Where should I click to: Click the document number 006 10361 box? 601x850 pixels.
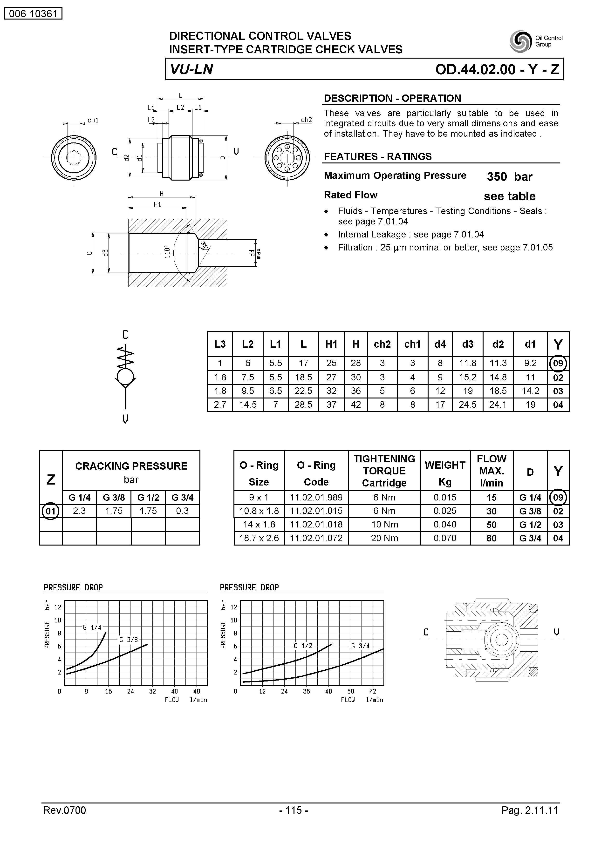[33, 14]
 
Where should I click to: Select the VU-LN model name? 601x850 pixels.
[191, 69]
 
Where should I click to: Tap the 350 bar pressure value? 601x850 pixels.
[510, 177]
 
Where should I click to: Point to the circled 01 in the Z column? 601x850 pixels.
[51, 511]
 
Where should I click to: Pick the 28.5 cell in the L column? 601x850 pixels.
[303, 405]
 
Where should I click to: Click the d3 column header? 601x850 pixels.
[468, 344]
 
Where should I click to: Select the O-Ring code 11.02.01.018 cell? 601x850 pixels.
[316, 525]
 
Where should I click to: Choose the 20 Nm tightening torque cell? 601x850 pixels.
[384, 538]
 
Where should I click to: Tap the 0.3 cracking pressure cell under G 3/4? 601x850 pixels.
[182, 511]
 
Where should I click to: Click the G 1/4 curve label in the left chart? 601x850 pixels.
[92, 627]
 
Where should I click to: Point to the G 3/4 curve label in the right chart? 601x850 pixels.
[360, 646]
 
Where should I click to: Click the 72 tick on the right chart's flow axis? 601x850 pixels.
[373, 692]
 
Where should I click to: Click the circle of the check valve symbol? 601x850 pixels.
[125, 377]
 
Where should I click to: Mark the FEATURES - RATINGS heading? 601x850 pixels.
[378, 157]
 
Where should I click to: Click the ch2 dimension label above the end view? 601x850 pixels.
[306, 120]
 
